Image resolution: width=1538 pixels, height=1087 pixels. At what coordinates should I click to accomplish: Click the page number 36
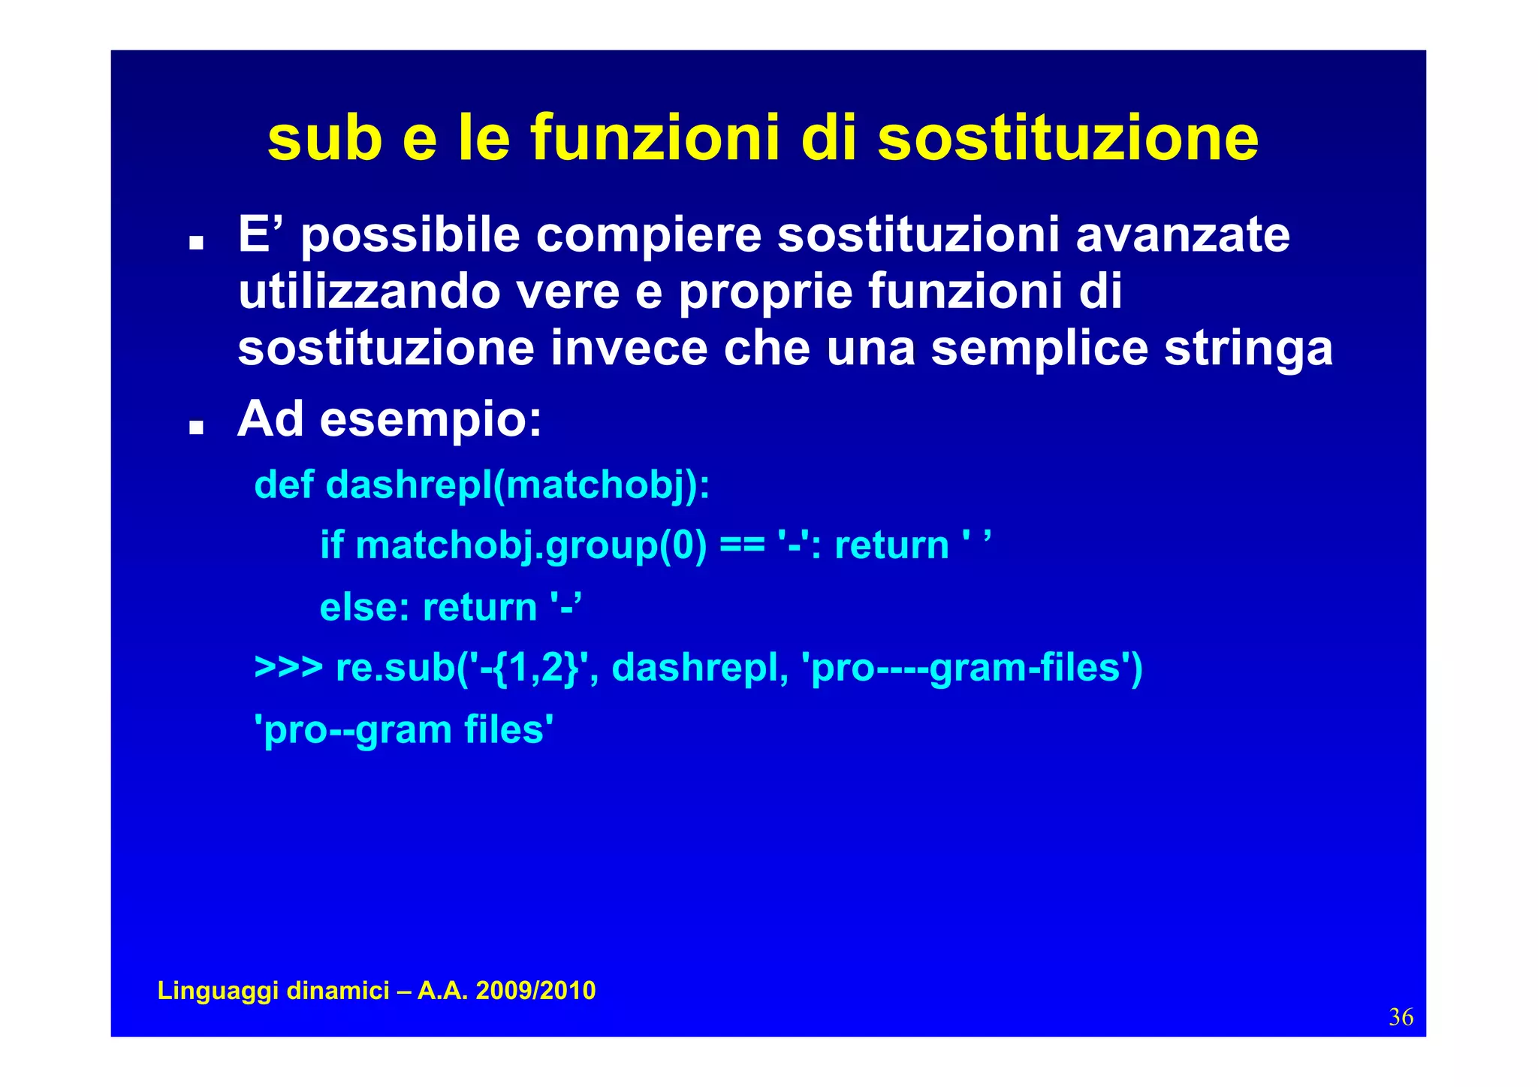[x=1401, y=1017]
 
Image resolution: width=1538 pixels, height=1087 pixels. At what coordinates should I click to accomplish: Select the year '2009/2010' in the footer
[x=535, y=991]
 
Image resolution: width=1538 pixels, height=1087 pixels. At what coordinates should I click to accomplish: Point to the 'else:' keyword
[x=364, y=607]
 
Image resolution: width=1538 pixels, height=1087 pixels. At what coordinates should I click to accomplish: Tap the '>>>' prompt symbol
[x=288, y=667]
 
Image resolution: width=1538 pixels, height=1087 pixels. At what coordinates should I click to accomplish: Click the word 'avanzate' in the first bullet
[x=1182, y=234]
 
